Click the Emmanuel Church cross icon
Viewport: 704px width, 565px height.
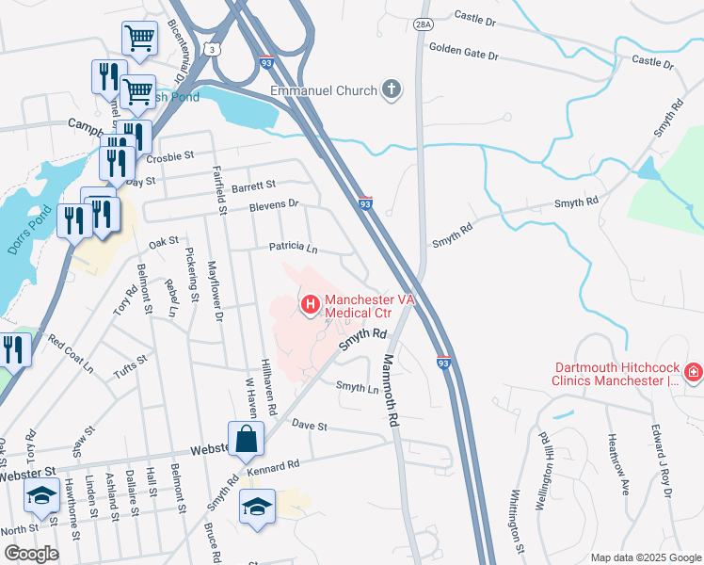pyautogui.click(x=392, y=91)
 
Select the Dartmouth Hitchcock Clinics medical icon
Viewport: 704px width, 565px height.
pyautogui.click(x=694, y=374)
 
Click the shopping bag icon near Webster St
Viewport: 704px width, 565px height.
pyautogui.click(x=247, y=438)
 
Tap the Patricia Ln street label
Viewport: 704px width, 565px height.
pyautogui.click(x=294, y=247)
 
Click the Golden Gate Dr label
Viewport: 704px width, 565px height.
pyautogui.click(x=463, y=51)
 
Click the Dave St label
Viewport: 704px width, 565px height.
pyautogui.click(x=309, y=427)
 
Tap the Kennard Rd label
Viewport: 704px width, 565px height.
pyautogui.click(x=273, y=467)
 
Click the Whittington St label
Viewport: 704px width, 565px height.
pyautogui.click(x=515, y=520)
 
